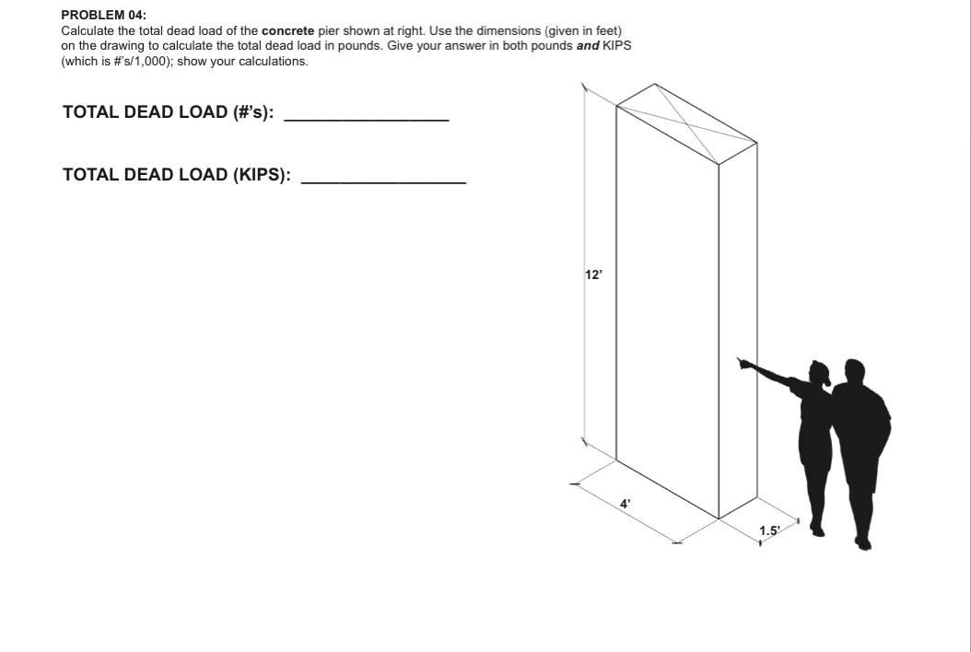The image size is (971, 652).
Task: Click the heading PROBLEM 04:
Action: coord(103,16)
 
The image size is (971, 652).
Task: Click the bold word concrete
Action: coord(287,30)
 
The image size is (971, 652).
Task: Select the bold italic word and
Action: coord(588,46)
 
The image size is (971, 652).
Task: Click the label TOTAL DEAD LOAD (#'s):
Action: coord(168,112)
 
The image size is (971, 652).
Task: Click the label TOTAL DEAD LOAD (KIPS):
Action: coord(177,175)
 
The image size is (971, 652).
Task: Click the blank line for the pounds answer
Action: coord(367,120)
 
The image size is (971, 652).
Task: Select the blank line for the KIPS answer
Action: coord(383,182)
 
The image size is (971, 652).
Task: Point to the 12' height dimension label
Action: coord(593,274)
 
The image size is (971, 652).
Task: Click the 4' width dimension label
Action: coord(626,504)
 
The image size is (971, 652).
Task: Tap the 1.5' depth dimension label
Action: coord(769,530)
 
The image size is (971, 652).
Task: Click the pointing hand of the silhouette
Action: coord(743,364)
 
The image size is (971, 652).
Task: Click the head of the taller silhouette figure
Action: coord(854,372)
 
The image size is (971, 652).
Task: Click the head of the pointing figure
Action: coord(819,373)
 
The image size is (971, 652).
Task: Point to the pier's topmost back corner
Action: coord(655,84)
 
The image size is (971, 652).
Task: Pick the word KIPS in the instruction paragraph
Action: coord(616,46)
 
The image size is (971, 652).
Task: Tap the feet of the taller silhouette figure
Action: coord(861,543)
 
